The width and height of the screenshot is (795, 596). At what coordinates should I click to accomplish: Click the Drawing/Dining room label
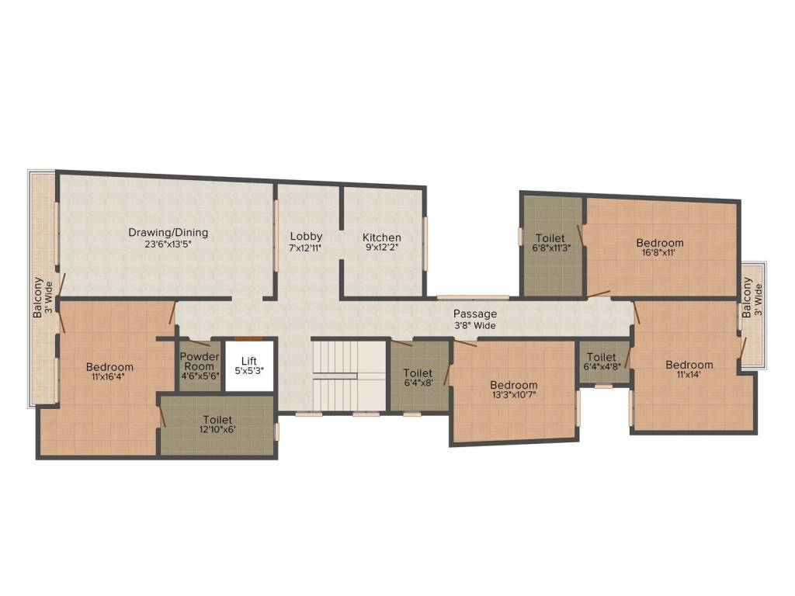[x=168, y=232]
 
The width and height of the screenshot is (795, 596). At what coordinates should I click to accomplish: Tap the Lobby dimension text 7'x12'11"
[x=306, y=248]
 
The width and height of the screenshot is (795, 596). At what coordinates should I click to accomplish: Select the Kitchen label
[x=382, y=237]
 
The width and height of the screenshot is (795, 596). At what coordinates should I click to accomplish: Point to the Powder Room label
[x=200, y=362]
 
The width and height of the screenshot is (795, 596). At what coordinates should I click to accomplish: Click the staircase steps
[x=349, y=375]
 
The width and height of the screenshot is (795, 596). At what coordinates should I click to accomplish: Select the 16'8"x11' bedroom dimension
[x=660, y=253]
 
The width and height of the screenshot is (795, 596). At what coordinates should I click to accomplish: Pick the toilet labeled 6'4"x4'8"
[x=602, y=362]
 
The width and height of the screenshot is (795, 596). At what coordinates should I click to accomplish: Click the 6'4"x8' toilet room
[x=418, y=378]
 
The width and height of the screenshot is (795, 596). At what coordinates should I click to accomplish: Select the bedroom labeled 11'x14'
[x=689, y=370]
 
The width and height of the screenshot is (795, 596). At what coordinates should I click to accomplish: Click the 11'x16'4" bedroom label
[x=109, y=372]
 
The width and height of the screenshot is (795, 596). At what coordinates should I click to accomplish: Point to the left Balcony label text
[x=37, y=298]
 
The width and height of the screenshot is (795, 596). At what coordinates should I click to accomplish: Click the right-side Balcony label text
[x=747, y=299]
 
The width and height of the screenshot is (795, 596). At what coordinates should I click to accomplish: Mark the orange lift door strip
[x=249, y=338]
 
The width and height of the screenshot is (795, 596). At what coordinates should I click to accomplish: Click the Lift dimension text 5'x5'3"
[x=249, y=371]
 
